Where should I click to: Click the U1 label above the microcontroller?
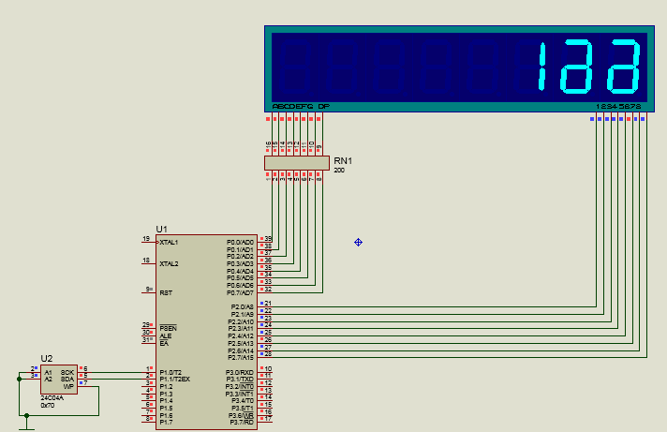tap(161, 229)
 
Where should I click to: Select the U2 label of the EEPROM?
tap(47, 358)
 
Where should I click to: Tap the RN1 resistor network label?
tap(343, 161)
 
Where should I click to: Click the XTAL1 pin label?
tap(170, 243)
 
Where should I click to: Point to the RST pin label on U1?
tap(166, 292)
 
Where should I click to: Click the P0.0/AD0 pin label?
tap(240, 242)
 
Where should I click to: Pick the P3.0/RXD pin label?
tap(240, 373)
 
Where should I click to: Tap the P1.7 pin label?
tap(165, 423)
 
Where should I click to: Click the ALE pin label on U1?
tap(165, 335)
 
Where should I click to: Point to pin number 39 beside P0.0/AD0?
tap(268, 239)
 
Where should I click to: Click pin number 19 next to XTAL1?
tap(145, 239)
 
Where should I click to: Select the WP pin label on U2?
tap(68, 386)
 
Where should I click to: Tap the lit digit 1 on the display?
tap(542, 67)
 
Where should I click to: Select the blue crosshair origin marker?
tap(358, 243)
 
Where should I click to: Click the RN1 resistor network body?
tap(296, 163)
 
